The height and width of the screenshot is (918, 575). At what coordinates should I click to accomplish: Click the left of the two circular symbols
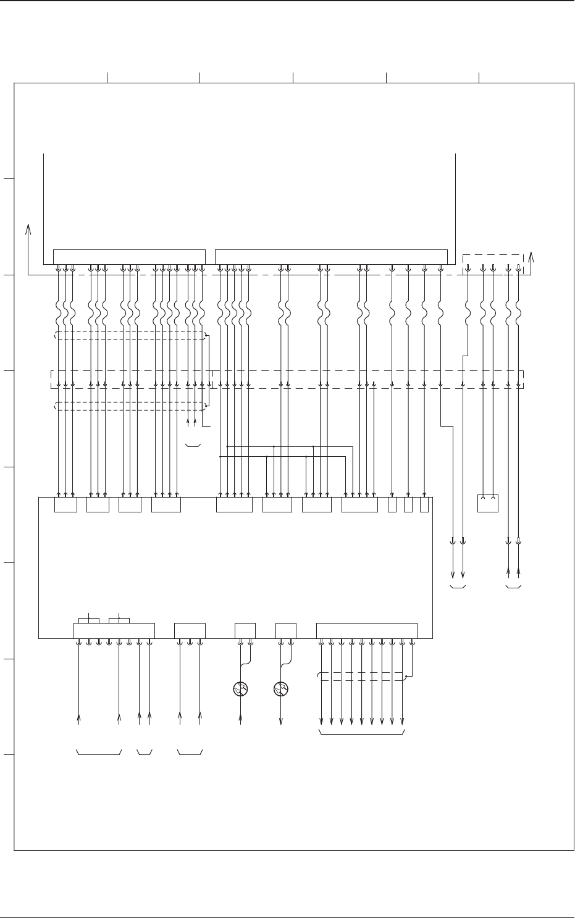point(240,689)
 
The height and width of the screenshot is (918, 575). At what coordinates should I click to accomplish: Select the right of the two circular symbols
point(281,689)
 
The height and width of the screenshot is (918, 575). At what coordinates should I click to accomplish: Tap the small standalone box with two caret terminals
point(488,503)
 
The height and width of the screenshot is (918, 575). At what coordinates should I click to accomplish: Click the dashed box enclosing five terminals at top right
point(493,262)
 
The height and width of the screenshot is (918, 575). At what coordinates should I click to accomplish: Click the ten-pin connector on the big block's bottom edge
point(367,631)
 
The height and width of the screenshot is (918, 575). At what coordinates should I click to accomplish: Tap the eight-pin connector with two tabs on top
point(114,631)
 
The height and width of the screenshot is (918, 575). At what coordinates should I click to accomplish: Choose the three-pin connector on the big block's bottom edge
point(190,631)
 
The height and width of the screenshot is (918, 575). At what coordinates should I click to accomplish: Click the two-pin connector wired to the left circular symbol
point(245,631)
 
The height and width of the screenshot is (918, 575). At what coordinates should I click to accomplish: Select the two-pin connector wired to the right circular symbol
point(285,631)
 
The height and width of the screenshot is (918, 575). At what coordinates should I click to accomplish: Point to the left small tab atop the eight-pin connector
point(90,620)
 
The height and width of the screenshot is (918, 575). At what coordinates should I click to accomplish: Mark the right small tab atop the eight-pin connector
point(119,620)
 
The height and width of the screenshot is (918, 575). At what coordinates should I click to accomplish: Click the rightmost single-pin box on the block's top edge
point(424,505)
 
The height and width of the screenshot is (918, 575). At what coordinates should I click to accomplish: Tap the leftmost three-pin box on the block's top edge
point(65,505)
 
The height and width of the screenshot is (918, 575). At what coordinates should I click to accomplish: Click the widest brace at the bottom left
point(99,753)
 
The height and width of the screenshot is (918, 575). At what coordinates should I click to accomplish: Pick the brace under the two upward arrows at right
point(513,587)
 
